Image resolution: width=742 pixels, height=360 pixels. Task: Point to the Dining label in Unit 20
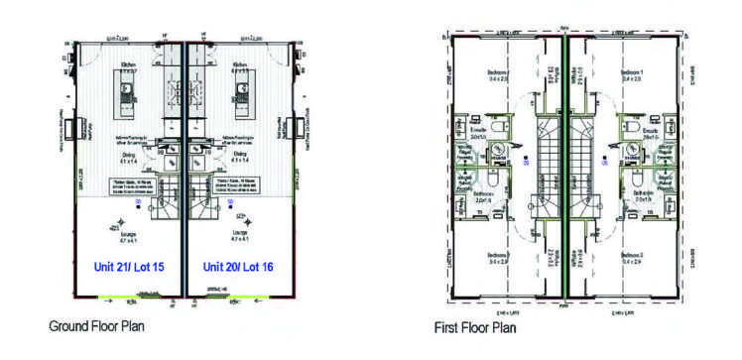point(240,156)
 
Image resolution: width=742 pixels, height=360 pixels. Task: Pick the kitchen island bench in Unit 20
point(241,98)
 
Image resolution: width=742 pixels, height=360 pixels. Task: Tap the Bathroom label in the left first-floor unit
point(484,194)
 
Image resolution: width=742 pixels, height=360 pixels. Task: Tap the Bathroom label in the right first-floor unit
point(643,194)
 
